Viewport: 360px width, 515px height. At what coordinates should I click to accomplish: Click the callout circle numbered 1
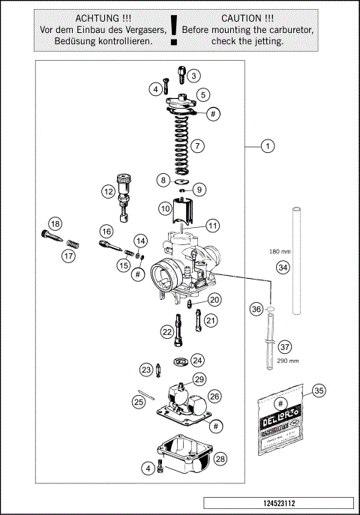tap(266, 146)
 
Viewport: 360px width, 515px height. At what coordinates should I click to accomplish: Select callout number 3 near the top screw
tap(193, 76)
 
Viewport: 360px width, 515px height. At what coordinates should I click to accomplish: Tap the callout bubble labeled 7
tap(197, 145)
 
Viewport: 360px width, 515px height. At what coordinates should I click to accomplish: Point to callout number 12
tap(109, 191)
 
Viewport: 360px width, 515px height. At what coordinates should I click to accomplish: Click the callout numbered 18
tap(54, 223)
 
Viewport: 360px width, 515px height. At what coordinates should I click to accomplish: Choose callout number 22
tap(166, 331)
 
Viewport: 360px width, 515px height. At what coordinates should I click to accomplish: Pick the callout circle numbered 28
tap(220, 457)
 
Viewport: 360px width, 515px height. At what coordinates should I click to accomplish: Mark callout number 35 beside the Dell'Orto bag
tap(319, 391)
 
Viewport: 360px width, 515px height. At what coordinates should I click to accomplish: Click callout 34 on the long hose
tap(282, 267)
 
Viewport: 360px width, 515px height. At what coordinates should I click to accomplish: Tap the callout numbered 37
tap(284, 347)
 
